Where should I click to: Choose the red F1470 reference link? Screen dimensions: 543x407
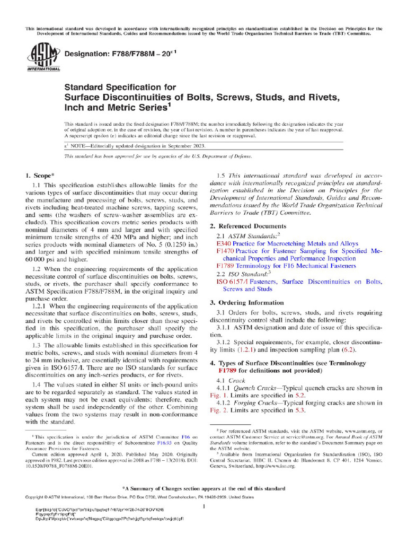pyautogui.click(x=226, y=251)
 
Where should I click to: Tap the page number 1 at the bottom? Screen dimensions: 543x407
pyautogui.click(x=203, y=507)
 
